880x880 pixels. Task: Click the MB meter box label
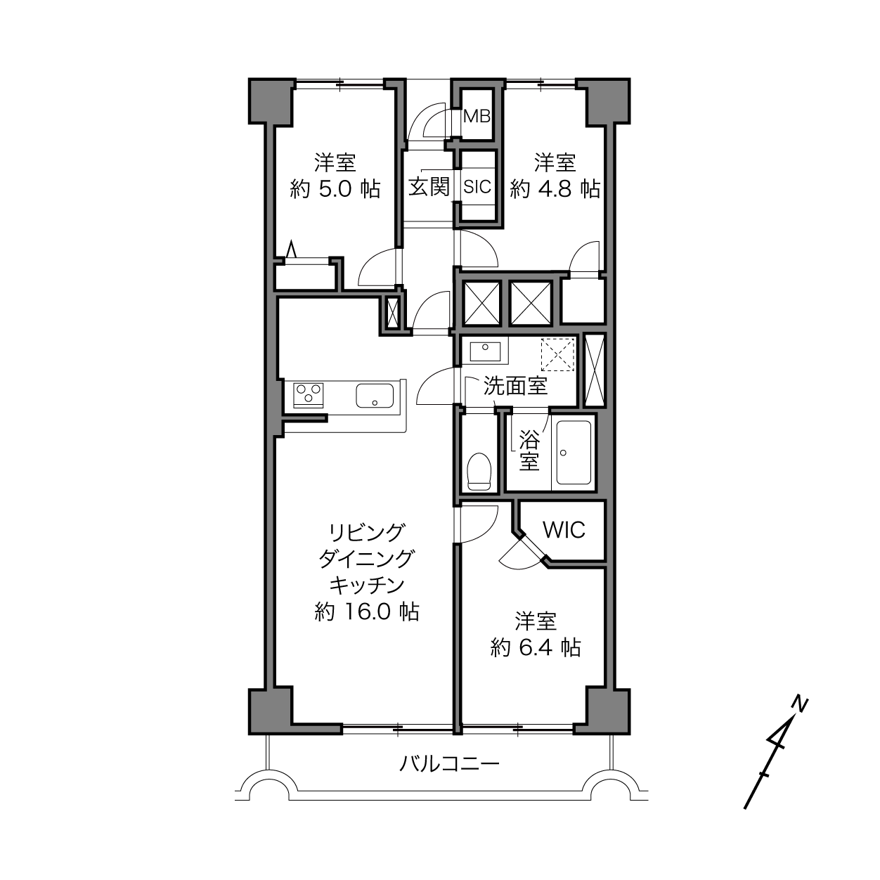click(x=477, y=117)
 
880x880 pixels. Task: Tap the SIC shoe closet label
click(x=477, y=186)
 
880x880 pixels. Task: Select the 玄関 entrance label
click(x=429, y=186)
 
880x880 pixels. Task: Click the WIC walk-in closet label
click(x=564, y=530)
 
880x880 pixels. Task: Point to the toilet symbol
click(x=479, y=472)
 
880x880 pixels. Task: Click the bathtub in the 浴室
click(x=573, y=453)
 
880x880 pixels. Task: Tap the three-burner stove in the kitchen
click(x=309, y=395)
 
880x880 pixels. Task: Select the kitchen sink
click(x=375, y=396)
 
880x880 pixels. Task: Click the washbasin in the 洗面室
click(x=484, y=351)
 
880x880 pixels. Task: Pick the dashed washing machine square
click(x=557, y=354)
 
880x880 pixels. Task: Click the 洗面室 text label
click(x=516, y=387)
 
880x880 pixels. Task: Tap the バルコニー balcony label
click(x=449, y=763)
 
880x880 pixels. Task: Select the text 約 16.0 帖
click(x=367, y=613)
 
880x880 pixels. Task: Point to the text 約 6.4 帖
click(x=536, y=648)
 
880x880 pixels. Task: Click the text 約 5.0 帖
click(x=335, y=189)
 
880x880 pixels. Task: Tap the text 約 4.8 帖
click(x=555, y=189)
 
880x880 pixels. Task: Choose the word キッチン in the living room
click(x=367, y=585)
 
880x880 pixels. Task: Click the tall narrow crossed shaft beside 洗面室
click(x=595, y=370)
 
